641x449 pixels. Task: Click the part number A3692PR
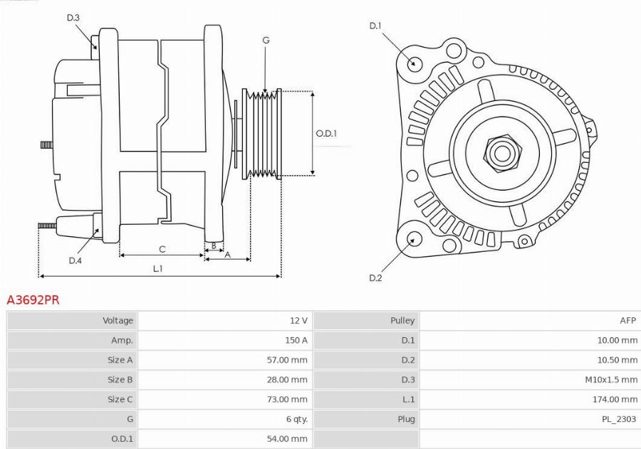coord(33,300)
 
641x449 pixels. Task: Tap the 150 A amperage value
coord(296,340)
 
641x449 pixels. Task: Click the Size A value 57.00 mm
coord(287,360)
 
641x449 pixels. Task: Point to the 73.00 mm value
coord(287,399)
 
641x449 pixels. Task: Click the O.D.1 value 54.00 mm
coord(287,439)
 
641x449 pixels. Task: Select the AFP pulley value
coord(627,321)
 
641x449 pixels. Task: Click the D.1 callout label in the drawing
coord(375,26)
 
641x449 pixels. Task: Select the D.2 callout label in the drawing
coord(375,278)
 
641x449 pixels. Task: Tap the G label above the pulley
coord(266,41)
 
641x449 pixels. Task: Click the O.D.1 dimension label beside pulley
coord(326,133)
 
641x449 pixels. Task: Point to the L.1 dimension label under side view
coord(158,268)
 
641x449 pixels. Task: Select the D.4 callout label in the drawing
coord(75,260)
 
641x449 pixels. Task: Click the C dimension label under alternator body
coord(162,249)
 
